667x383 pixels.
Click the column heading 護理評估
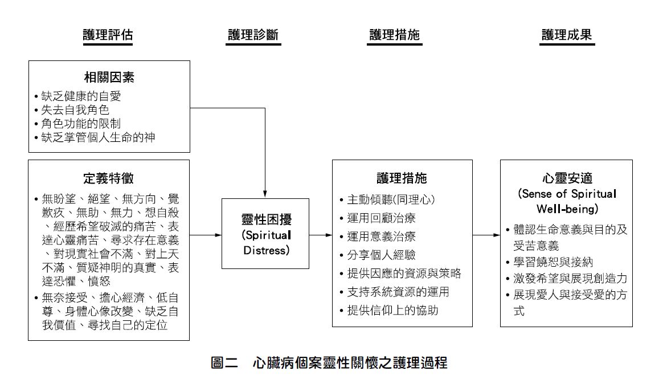[x=108, y=34]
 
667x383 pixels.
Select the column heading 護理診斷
[x=253, y=34]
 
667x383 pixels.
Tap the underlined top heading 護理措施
[x=394, y=34]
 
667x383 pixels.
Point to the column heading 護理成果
[x=567, y=34]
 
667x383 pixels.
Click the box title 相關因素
[x=109, y=77]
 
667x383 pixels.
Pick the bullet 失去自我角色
[x=75, y=110]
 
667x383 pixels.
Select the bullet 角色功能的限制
[x=81, y=124]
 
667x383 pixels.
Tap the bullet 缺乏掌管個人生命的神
[x=99, y=137]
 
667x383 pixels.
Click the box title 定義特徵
[x=108, y=178]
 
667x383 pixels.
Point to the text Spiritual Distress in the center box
[x=267, y=243]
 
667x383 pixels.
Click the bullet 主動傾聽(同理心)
[x=391, y=199]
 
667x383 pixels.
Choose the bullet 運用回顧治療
[x=381, y=218]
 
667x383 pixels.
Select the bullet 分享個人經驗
[x=381, y=255]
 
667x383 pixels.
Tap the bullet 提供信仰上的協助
[x=392, y=310]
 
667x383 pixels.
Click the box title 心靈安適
[x=567, y=178]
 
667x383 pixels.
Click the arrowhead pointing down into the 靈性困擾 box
[x=265, y=194]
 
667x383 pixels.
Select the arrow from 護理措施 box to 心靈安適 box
[x=486, y=235]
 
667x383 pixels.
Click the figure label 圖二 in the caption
[x=224, y=362]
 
